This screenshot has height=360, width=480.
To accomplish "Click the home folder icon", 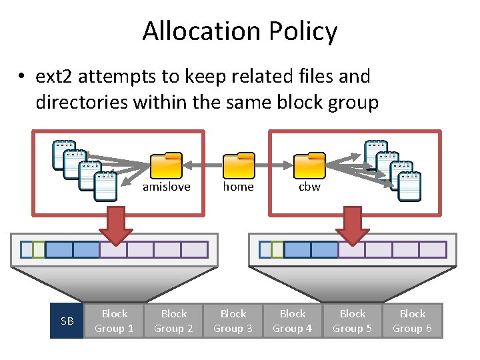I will [239, 166].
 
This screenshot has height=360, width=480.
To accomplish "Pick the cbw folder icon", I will [309, 166].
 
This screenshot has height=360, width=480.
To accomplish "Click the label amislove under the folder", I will [166, 187].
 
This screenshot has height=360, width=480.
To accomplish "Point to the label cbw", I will [309, 187].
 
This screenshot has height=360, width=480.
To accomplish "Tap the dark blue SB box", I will [67, 321].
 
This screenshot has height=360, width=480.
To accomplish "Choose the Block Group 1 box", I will [114, 321].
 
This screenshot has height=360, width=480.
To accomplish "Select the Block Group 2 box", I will [173, 321].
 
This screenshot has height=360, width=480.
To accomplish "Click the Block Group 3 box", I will [233, 321].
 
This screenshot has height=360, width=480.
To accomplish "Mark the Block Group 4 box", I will [293, 321].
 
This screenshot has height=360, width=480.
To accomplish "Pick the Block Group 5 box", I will [352, 321].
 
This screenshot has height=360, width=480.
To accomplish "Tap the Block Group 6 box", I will [412, 321].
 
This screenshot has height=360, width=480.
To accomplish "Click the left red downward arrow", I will [116, 225].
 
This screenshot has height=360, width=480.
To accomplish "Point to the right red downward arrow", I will [353, 225].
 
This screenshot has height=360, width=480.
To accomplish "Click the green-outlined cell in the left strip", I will [39, 249].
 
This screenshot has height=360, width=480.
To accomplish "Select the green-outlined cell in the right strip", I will [277, 249].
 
